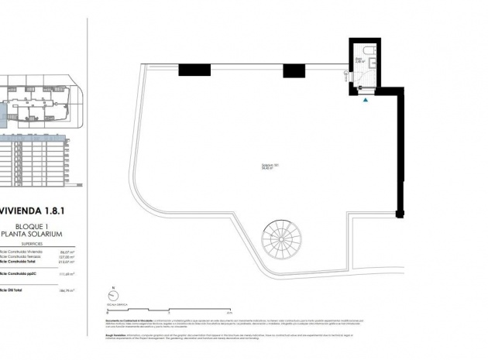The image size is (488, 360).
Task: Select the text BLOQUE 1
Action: point(36,225)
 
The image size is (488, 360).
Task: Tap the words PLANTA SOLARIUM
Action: point(36,233)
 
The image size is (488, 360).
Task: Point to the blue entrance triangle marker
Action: point(366,98)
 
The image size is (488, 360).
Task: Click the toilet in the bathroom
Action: point(370,53)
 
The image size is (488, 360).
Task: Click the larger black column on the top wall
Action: point(194,70)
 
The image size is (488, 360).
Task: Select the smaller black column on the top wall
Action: point(292,70)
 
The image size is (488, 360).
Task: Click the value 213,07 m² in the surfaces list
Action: point(64,262)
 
